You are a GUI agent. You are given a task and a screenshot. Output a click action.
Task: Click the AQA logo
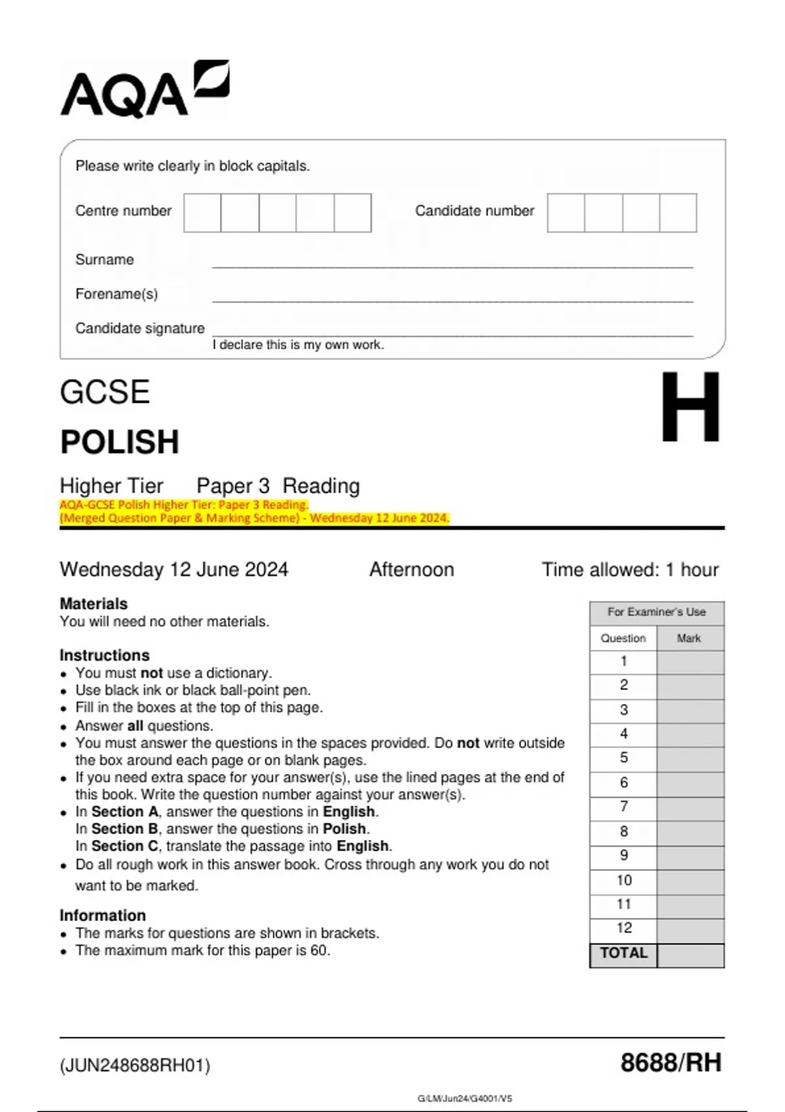tap(144, 90)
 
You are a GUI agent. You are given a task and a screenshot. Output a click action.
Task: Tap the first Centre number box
tap(202, 213)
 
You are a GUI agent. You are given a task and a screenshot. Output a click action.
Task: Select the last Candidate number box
tap(678, 213)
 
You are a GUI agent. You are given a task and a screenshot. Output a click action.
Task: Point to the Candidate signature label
tap(139, 328)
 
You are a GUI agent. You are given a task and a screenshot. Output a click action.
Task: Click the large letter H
tap(690, 407)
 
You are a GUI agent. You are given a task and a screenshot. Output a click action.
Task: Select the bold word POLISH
tap(120, 442)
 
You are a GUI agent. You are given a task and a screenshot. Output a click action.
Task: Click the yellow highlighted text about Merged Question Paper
tap(254, 518)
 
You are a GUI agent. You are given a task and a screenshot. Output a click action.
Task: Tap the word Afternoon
tap(411, 570)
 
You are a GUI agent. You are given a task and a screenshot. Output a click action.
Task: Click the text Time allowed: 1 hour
tap(630, 570)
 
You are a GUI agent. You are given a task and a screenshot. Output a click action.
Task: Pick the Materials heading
tap(94, 604)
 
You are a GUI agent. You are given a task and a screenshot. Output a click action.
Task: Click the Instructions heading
tap(105, 655)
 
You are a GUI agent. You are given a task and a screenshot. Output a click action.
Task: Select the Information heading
tap(103, 916)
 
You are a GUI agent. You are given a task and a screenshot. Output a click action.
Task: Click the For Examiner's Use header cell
tap(656, 612)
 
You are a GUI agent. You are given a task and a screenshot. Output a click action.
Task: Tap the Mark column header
tap(689, 638)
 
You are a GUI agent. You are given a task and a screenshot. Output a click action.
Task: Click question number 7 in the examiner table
tap(623, 807)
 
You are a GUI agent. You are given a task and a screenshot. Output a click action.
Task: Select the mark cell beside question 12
tap(690, 928)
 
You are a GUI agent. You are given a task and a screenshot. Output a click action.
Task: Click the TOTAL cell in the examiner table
tap(623, 953)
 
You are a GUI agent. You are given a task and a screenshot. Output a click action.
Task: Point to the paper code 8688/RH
tap(671, 1063)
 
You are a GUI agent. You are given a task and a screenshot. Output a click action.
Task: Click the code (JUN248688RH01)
tap(135, 1066)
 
